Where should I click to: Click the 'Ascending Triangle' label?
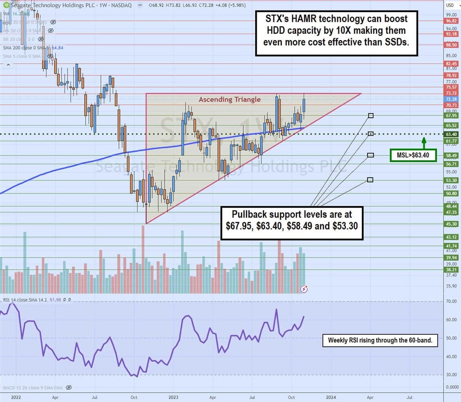[229, 99]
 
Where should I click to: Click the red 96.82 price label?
[450, 21]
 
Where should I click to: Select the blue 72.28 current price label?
[450, 99]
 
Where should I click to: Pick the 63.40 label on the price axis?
[450, 134]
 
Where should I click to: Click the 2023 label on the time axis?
[173, 396]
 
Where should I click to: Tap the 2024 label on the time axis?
[331, 396]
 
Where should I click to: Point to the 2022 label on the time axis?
[16, 396]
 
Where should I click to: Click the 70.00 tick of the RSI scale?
[451, 301]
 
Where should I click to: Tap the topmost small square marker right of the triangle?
[370, 115]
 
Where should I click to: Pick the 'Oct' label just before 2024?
[291, 396]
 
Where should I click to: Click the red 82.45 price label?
[450, 64]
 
